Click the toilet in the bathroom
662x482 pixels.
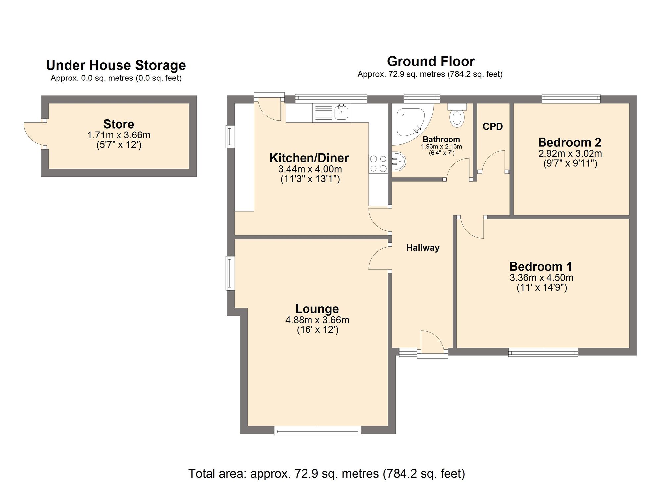[457, 118]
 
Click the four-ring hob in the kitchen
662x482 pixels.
[378, 164]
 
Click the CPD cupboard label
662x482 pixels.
[493, 126]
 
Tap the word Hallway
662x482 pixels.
[423, 248]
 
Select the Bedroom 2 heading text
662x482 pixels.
[569, 142]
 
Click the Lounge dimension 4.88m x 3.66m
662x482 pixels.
[317, 320]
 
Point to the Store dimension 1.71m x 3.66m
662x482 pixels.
[118, 135]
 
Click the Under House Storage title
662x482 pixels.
[116, 65]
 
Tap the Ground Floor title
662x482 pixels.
[431, 61]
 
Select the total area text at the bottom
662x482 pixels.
[326, 474]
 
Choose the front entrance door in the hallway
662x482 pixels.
[432, 343]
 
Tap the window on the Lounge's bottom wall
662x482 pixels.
[317, 431]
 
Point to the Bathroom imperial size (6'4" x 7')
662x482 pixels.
[442, 153]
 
